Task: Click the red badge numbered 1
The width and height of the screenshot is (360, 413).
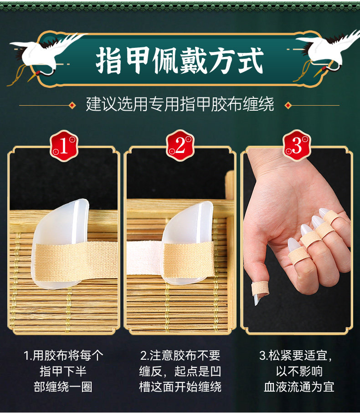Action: click(x=64, y=146)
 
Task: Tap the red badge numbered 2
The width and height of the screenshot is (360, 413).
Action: click(x=180, y=145)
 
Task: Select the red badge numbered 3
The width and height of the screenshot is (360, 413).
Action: click(x=297, y=145)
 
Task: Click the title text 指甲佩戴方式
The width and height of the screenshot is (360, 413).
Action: click(x=180, y=60)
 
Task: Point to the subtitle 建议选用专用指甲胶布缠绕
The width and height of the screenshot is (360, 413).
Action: click(x=180, y=104)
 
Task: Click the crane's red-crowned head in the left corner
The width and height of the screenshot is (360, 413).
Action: click(x=38, y=73)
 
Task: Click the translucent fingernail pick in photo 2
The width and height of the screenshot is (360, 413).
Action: click(x=188, y=242)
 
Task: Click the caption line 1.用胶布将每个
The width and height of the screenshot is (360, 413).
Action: click(x=63, y=356)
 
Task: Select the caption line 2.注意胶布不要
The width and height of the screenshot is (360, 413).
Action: click(x=180, y=356)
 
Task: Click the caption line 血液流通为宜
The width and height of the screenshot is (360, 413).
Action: click(x=299, y=387)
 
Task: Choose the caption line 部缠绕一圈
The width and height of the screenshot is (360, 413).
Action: click(x=63, y=387)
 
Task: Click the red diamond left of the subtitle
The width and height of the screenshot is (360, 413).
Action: click(x=72, y=105)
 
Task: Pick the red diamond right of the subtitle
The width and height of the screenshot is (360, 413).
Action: click(x=288, y=105)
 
